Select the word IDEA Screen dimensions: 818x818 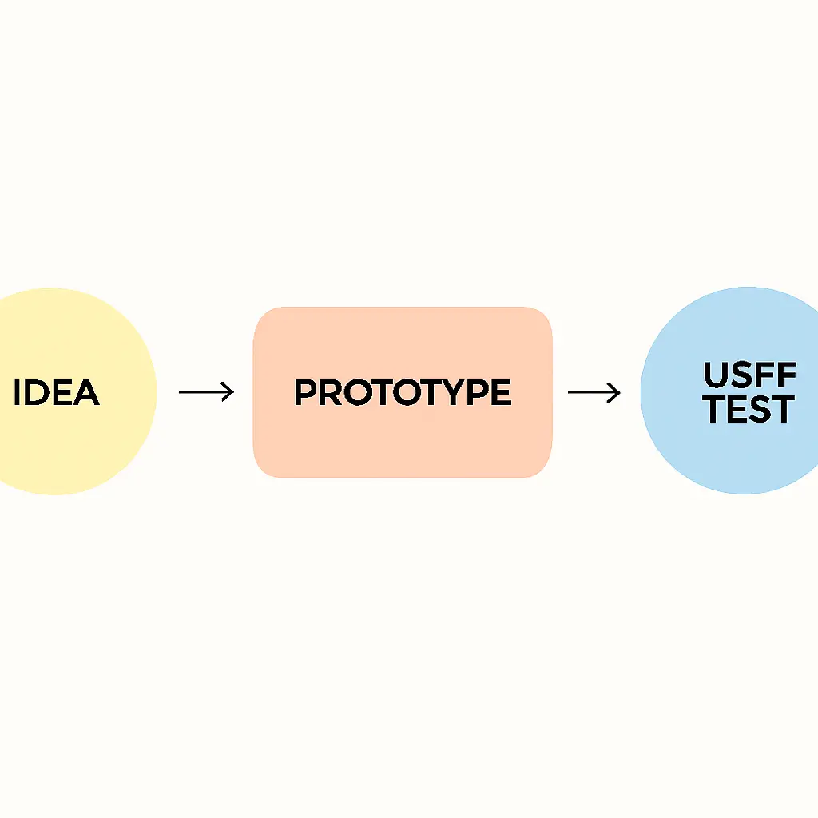tap(57, 393)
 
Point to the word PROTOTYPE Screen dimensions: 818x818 tap(403, 393)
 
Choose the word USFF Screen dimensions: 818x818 tap(749, 375)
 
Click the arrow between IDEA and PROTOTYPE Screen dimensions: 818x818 tap(206, 392)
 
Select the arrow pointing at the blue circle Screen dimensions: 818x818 tap(594, 392)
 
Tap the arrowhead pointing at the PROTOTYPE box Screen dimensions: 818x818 tap(230, 392)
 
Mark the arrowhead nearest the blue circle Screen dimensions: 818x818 tap(616, 392)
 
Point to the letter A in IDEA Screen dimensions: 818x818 tap(86, 393)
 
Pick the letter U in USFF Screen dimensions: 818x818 tap(716, 375)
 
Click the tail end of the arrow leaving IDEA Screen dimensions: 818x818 tap(181, 392)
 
